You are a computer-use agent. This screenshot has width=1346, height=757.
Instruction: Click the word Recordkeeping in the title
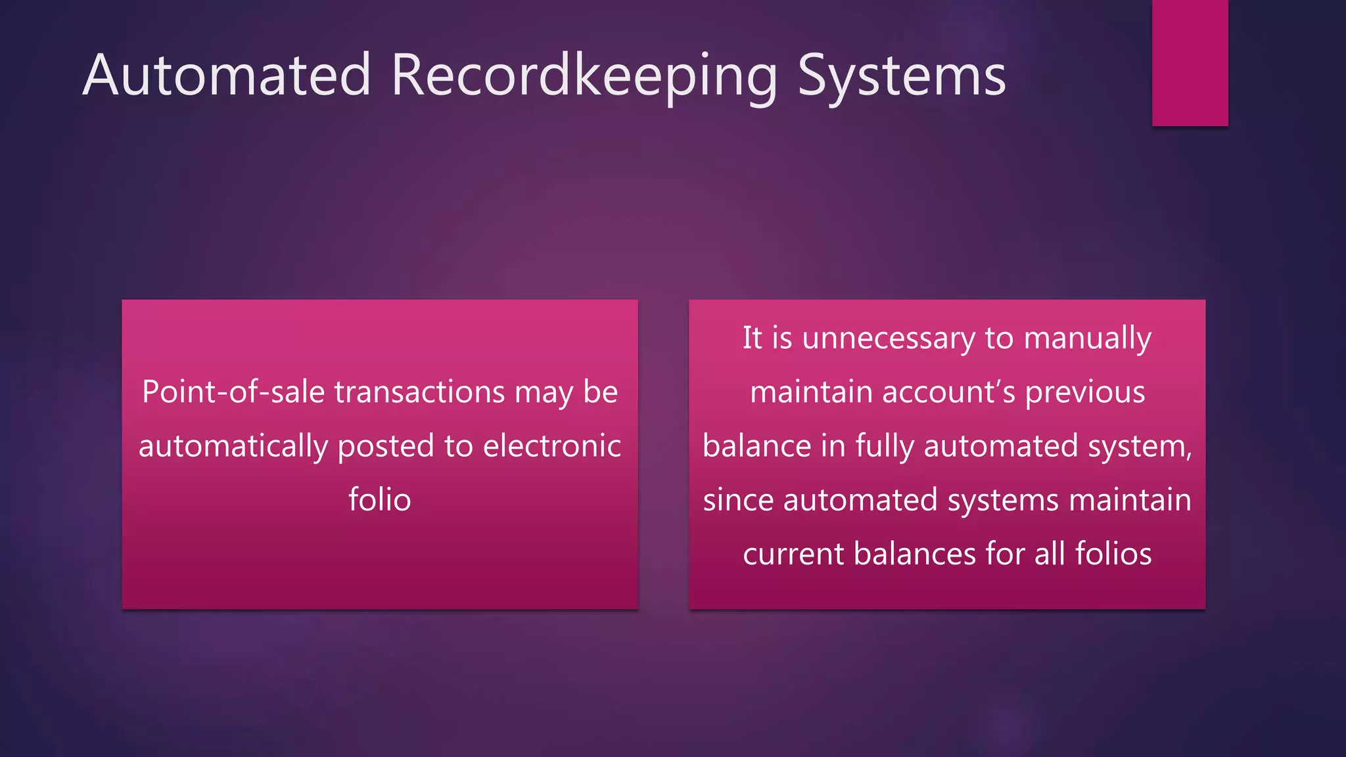click(584, 76)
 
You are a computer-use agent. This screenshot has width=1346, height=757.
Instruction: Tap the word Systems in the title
click(901, 76)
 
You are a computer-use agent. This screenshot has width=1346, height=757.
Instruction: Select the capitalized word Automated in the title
click(227, 75)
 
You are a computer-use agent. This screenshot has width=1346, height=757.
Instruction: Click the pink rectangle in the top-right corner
click(1190, 62)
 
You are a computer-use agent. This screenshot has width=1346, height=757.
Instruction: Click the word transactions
click(419, 392)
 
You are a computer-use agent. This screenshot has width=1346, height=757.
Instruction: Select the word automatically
click(233, 447)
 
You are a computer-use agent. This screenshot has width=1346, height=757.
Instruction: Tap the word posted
click(386, 447)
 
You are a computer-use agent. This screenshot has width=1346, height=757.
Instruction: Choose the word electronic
click(551, 446)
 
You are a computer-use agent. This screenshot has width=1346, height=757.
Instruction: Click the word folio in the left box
click(379, 500)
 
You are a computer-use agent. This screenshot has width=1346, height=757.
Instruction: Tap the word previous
click(1085, 393)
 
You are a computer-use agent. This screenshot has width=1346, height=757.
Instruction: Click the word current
click(793, 554)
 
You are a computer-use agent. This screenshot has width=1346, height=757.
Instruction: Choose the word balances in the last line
click(914, 554)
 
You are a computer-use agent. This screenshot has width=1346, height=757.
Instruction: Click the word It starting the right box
click(752, 338)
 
